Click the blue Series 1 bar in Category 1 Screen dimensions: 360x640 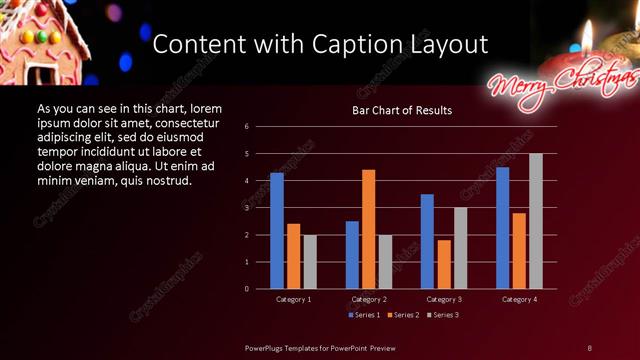pyautogui.click(x=277, y=231)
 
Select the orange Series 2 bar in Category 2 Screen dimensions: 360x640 pyautogui.click(x=369, y=229)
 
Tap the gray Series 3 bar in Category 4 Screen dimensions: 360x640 pyautogui.click(x=536, y=221)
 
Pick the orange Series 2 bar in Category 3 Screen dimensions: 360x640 pyautogui.click(x=444, y=264)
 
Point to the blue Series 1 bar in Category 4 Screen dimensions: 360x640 pyautogui.click(x=502, y=228)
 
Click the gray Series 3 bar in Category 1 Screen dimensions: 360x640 pyautogui.click(x=310, y=262)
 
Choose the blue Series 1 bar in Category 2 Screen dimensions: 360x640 pyautogui.click(x=352, y=255)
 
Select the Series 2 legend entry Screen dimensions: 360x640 pyautogui.click(x=402, y=315)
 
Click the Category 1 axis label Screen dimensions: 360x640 pyautogui.click(x=294, y=299)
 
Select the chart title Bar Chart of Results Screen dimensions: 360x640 pyautogui.click(x=402, y=110)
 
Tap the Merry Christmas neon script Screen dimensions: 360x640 pyautogui.click(x=560, y=82)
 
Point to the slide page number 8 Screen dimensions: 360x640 pyautogui.click(x=590, y=347)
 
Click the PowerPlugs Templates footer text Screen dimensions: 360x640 pyautogui.click(x=321, y=347)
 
